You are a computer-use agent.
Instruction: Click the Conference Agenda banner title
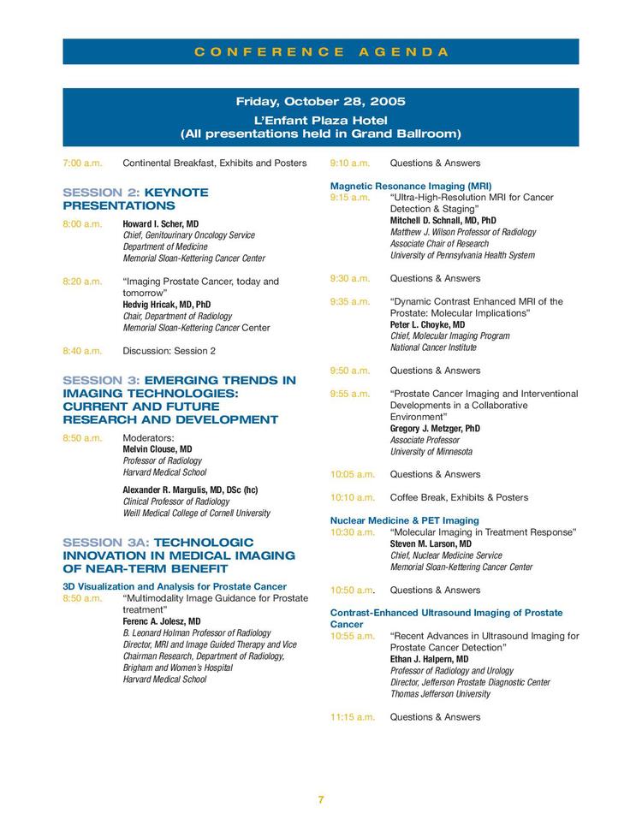click(x=321, y=51)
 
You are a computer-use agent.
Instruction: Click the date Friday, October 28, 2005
click(x=321, y=102)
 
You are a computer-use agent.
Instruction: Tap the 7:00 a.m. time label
click(x=82, y=163)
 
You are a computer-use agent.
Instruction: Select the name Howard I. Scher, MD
click(x=161, y=223)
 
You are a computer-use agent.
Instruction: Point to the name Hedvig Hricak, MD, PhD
click(x=167, y=304)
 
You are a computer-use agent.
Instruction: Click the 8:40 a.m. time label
click(x=82, y=350)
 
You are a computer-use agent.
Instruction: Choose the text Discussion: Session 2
click(x=169, y=350)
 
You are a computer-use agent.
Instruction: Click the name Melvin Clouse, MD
click(x=158, y=448)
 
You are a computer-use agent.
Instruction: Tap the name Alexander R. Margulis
click(x=190, y=490)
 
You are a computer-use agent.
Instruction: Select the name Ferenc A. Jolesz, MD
click(x=162, y=621)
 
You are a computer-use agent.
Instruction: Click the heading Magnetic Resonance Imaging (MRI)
click(x=411, y=186)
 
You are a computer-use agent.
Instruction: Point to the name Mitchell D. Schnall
click(x=443, y=220)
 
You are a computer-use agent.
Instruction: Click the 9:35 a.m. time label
click(x=350, y=301)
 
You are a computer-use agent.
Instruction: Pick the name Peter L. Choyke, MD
click(x=427, y=324)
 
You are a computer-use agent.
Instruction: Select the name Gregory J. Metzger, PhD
click(x=435, y=428)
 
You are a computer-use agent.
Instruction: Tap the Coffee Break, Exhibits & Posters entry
click(x=459, y=497)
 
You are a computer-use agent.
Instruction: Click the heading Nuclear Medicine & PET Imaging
click(x=405, y=520)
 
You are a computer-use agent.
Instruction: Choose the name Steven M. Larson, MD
click(x=431, y=543)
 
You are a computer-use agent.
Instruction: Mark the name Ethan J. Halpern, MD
click(x=429, y=659)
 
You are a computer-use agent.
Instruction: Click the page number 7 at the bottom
click(x=321, y=799)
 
